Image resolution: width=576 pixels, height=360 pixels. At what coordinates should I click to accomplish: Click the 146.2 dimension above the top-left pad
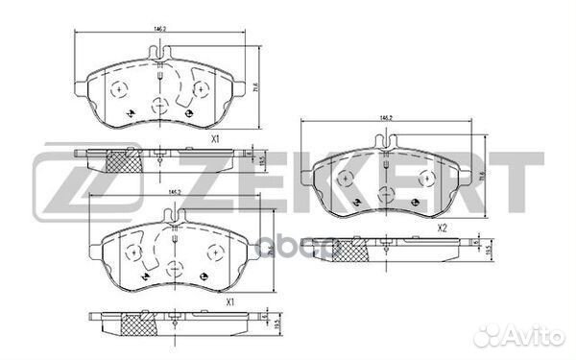pyautogui.click(x=162, y=29)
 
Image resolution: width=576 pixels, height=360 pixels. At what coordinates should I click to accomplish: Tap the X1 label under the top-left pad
pyautogui.click(x=217, y=139)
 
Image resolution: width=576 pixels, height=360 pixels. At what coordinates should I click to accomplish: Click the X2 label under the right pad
pyautogui.click(x=443, y=228)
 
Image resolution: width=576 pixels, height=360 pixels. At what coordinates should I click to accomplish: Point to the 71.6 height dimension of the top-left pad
pyautogui.click(x=255, y=86)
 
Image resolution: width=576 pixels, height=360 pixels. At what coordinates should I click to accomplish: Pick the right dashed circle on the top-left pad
pyautogui.click(x=200, y=89)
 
